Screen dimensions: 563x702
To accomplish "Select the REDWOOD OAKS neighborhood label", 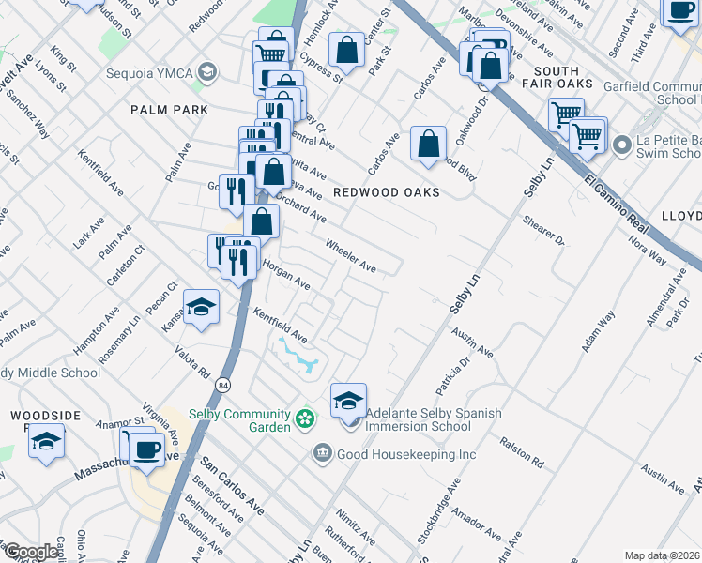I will (x=387, y=192).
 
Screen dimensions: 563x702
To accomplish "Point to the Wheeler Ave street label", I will (x=350, y=256).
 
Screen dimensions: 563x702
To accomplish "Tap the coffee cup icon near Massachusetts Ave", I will (x=146, y=449).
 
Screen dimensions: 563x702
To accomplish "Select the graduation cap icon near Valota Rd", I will (x=201, y=308).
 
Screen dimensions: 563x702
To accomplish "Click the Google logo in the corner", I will (x=30, y=553).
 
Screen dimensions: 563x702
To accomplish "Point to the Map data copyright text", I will (x=662, y=555).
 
